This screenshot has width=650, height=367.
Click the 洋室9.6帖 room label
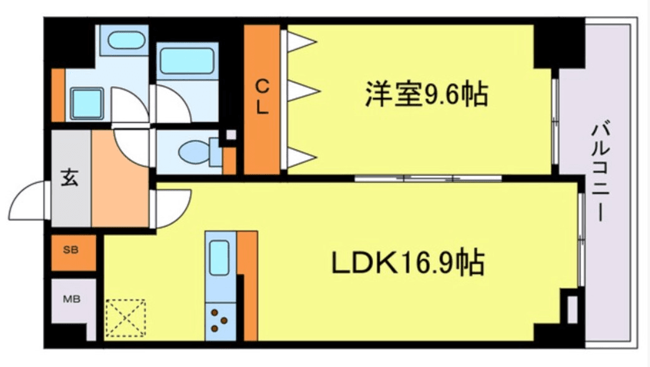[x=426, y=95]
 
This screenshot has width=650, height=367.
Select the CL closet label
[x=262, y=97]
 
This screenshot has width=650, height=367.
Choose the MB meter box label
[x=72, y=298]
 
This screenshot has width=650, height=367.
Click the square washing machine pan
[x=86, y=104]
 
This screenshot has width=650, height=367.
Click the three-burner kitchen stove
[x=220, y=320]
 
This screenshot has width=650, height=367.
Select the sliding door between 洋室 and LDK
[x=428, y=179]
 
